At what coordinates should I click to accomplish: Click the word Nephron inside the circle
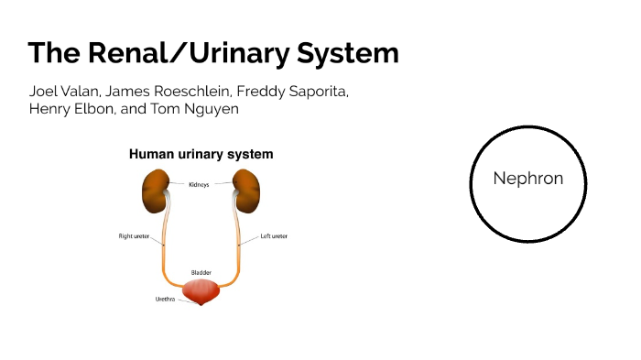pos(527,179)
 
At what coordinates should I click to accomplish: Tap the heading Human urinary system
pos(201,155)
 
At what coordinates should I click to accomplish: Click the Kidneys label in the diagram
pos(199,184)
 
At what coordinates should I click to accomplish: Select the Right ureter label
pos(134,235)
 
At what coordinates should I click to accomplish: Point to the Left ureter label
pos(274,235)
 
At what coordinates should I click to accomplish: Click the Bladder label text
pos(201,272)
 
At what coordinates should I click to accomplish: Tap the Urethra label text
pos(165,299)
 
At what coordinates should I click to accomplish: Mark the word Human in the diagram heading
pos(149,155)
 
